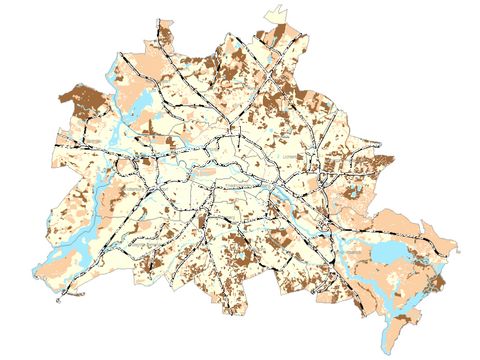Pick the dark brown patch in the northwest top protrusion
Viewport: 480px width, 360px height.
[165, 40]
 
